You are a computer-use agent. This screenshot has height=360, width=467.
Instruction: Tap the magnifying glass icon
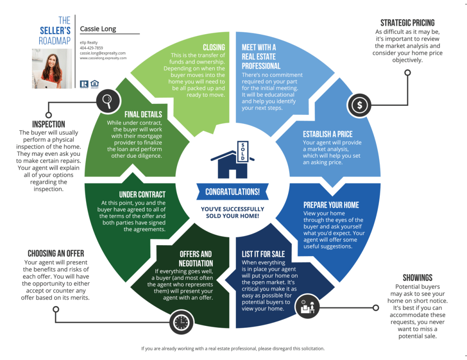(108, 100)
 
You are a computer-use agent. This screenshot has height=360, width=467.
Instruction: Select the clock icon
(181, 322)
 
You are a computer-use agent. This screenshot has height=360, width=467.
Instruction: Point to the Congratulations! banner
(232, 192)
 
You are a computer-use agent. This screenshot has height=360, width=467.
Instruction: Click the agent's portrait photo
(52, 68)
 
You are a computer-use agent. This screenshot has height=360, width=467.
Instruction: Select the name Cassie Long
(98, 29)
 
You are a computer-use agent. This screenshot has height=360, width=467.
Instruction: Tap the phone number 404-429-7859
(91, 48)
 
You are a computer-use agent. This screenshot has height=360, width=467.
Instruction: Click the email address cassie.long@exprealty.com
(103, 53)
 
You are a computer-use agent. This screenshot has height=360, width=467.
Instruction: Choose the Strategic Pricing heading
(407, 23)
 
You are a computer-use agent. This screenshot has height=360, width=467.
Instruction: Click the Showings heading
(417, 278)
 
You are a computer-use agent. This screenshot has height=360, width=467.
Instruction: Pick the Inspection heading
(48, 124)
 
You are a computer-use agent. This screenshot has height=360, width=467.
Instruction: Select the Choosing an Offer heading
(56, 253)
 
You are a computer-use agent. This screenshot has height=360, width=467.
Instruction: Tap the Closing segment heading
(213, 47)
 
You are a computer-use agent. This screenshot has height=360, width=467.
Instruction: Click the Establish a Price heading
(327, 134)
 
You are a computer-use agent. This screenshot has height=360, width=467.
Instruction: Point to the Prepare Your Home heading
(331, 205)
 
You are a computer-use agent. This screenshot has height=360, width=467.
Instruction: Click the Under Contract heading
(142, 195)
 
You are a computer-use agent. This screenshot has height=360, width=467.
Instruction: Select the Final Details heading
(143, 114)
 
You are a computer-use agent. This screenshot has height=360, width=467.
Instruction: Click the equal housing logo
(95, 84)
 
